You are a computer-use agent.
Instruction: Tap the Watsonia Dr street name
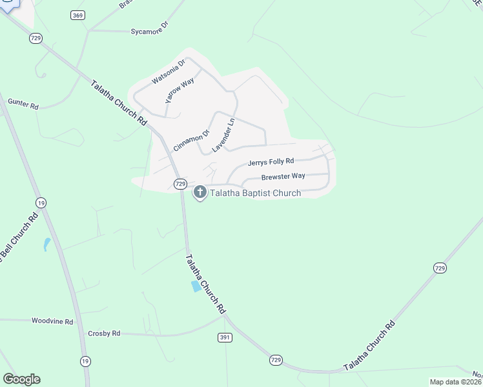[x=169, y=71]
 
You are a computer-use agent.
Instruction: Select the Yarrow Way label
[x=180, y=91]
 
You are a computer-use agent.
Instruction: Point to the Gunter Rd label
[x=23, y=104]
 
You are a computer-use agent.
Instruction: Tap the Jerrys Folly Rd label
[x=271, y=161]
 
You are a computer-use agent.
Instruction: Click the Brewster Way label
[x=283, y=176]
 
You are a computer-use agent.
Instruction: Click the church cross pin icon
[x=200, y=192]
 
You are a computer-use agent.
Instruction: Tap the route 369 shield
[x=78, y=15]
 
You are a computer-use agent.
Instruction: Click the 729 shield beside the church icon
[x=181, y=184]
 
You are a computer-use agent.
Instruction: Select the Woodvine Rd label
[x=52, y=320]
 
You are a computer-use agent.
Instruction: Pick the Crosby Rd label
[x=104, y=333]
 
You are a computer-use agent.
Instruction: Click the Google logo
[x=21, y=379]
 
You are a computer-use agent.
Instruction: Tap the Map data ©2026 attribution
[x=455, y=382]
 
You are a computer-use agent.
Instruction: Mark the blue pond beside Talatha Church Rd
[x=196, y=286]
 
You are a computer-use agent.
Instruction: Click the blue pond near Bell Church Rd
[x=46, y=244]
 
